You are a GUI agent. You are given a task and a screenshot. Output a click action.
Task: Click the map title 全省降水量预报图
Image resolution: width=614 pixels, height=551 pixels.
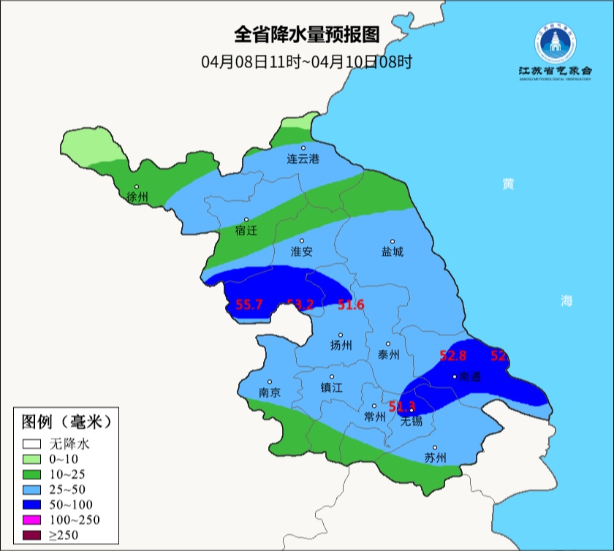pos(307,34)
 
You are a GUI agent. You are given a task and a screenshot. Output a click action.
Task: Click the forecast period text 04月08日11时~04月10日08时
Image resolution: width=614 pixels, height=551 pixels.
pos(307,61)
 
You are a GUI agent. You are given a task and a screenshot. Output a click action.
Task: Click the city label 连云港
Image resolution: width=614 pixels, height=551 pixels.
pos(303,159)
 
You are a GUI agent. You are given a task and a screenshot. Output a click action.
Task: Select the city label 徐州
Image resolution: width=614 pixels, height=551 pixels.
pos(137,197)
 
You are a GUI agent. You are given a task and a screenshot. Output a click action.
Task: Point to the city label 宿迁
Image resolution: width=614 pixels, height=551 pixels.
pos(246,230)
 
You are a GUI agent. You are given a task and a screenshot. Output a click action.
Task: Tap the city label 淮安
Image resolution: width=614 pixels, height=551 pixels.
pos(302,251)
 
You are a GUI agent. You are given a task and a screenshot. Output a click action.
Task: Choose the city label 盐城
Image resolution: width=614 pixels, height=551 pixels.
pos(393,252)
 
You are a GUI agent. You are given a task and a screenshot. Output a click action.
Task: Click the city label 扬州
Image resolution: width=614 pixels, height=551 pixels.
pos(341,346)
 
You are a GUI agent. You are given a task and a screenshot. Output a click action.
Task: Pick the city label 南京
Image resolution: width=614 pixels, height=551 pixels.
pos(270,392)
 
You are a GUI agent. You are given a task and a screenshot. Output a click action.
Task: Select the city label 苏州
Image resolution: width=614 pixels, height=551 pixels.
pos(435,458)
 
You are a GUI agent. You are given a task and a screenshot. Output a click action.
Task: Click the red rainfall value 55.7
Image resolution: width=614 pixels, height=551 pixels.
pos(249,305)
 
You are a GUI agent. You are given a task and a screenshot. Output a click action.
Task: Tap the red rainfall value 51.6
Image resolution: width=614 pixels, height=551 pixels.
pos(351,305)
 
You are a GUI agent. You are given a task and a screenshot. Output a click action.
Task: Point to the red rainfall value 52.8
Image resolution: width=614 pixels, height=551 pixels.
pos(452,356)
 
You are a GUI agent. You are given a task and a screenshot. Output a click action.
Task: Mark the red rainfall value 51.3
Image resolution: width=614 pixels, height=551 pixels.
pos(402,406)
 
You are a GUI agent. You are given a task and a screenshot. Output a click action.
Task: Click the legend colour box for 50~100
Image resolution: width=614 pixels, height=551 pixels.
pos(31,504)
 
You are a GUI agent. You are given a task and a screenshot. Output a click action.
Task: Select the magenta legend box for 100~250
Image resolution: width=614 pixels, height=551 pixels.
pos(31,520)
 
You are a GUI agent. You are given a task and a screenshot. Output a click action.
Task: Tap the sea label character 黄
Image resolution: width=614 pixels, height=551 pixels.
pos(507,183)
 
